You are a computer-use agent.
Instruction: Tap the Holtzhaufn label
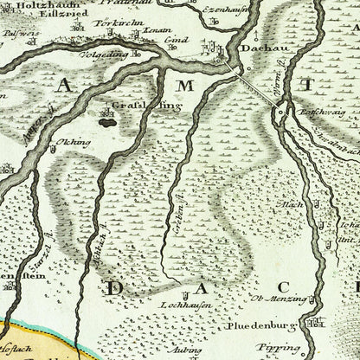coord(29,10)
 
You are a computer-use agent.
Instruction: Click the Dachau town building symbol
coord(229,51)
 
